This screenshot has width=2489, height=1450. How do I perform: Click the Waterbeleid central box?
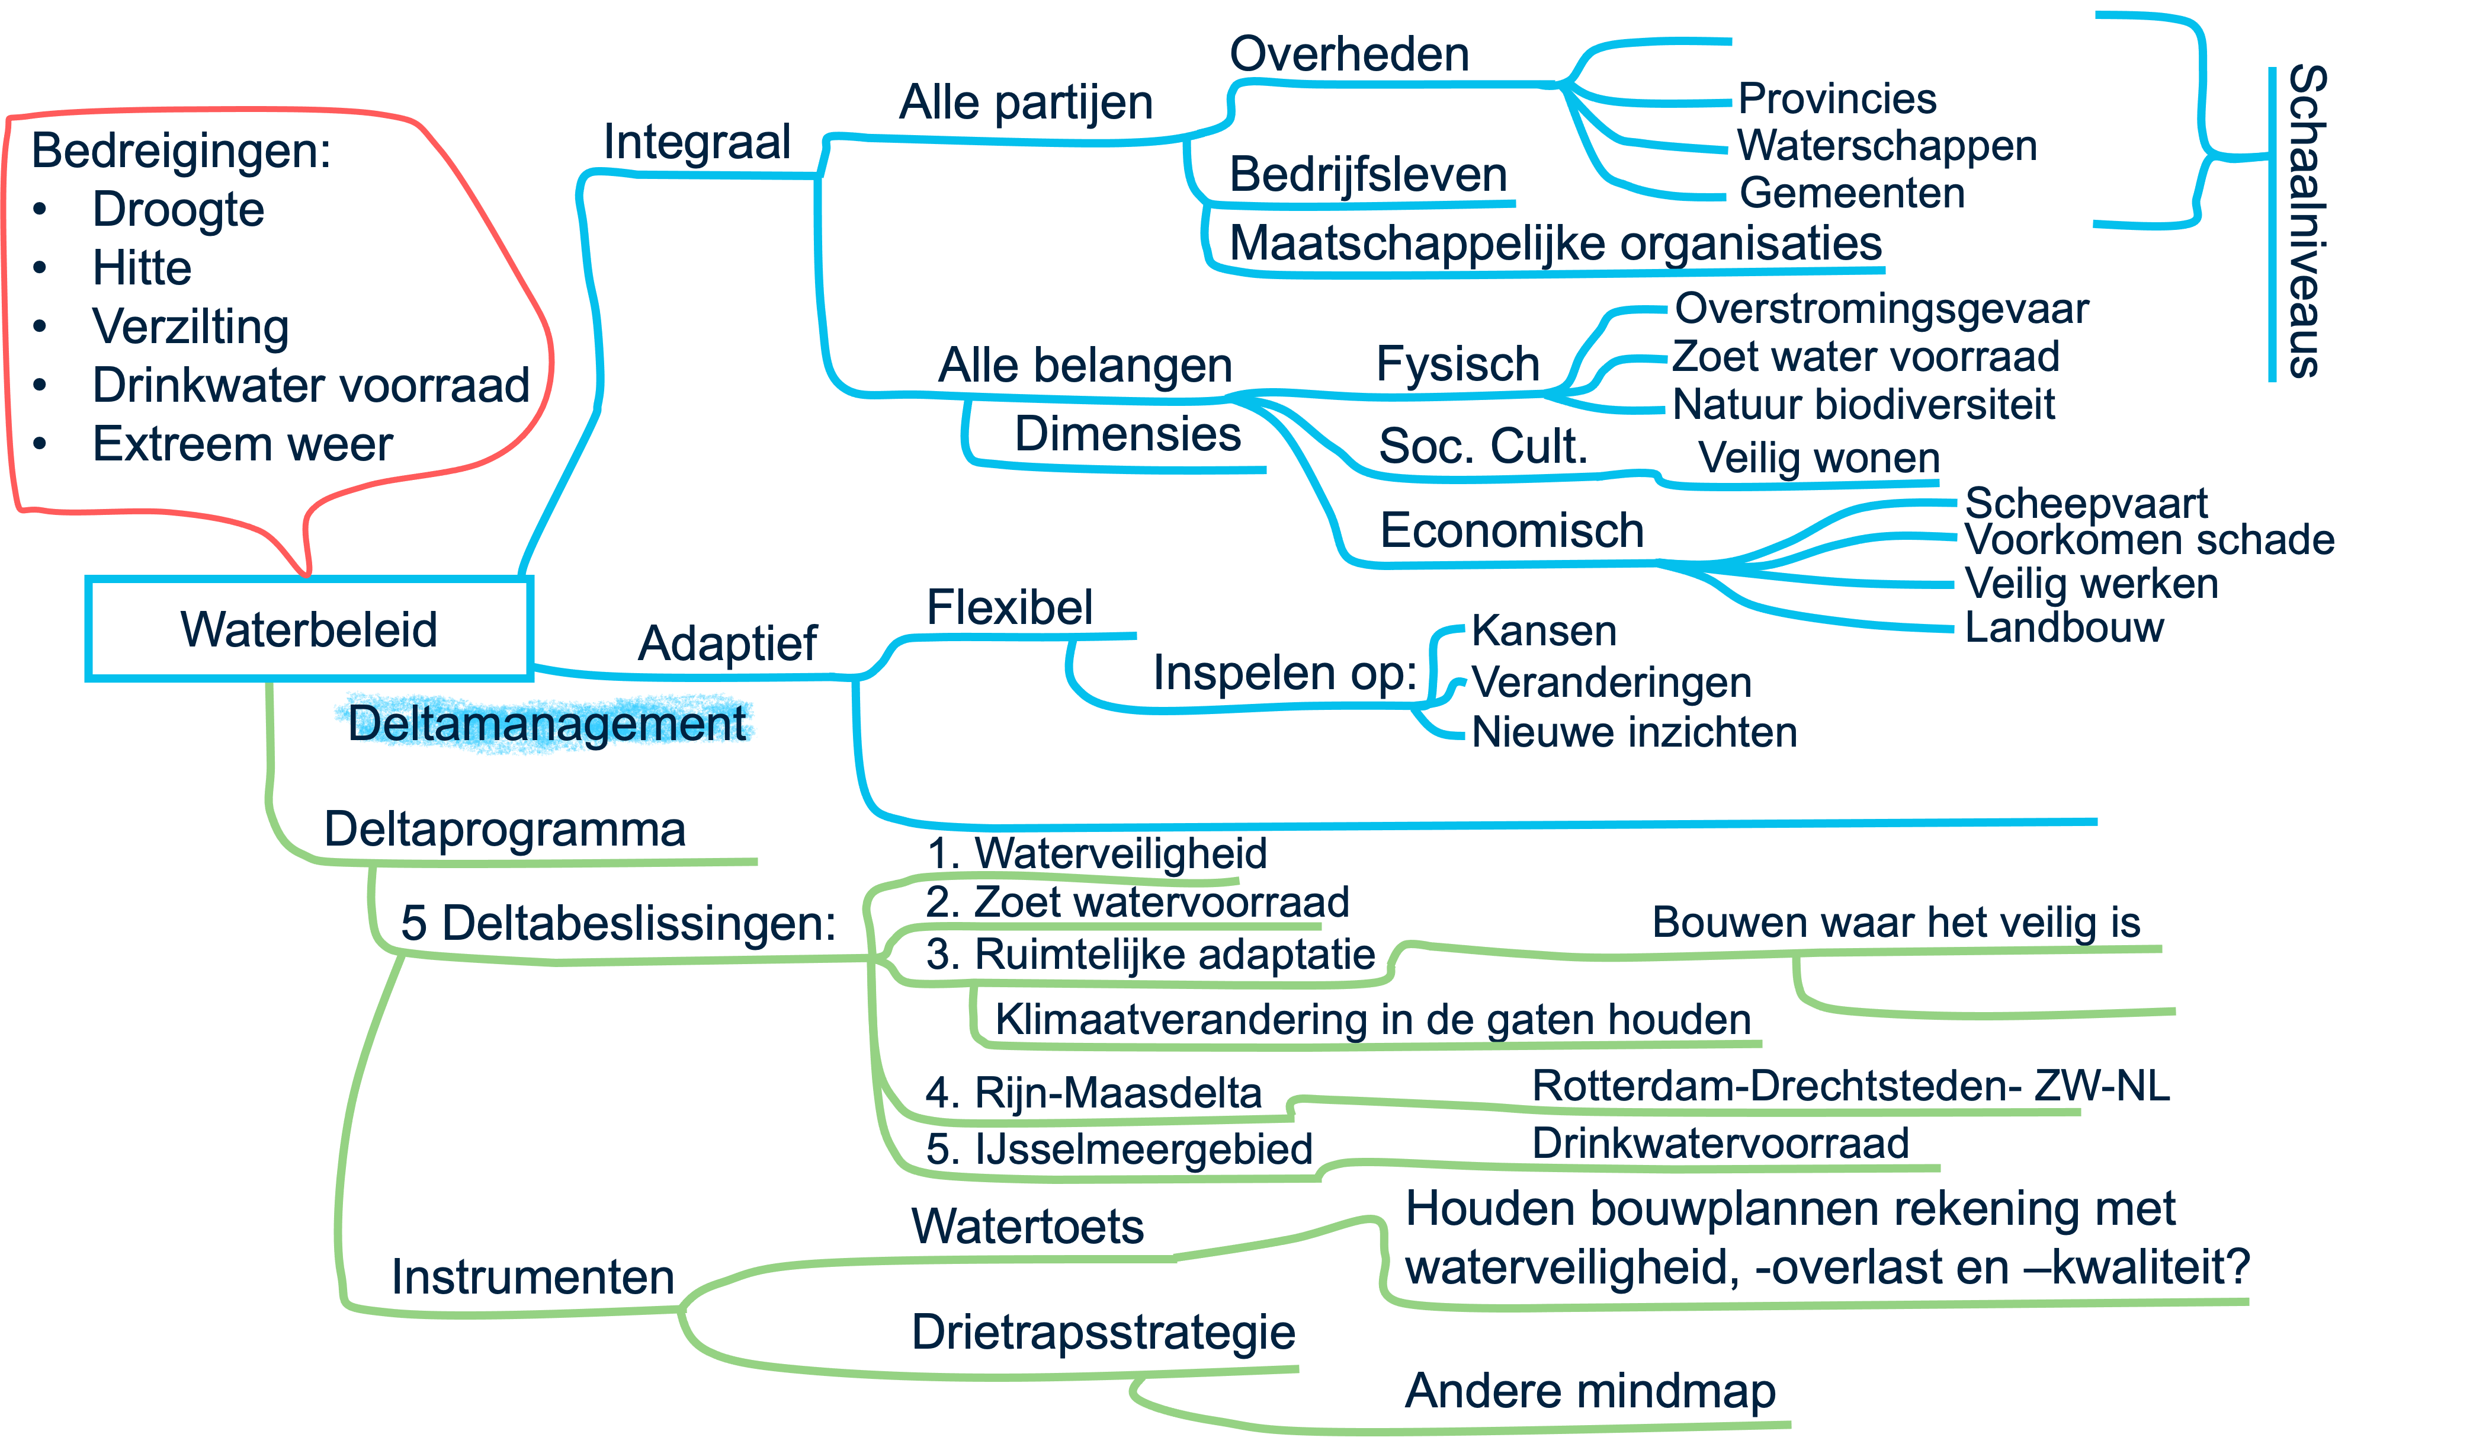(309, 629)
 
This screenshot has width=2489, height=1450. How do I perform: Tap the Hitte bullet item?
(142, 268)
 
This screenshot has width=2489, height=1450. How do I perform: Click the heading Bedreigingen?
(181, 151)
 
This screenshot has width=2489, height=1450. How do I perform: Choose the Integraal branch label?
(697, 142)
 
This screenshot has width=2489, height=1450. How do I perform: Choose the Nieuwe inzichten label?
(1634, 732)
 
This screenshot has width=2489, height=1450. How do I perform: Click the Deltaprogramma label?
(505, 830)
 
